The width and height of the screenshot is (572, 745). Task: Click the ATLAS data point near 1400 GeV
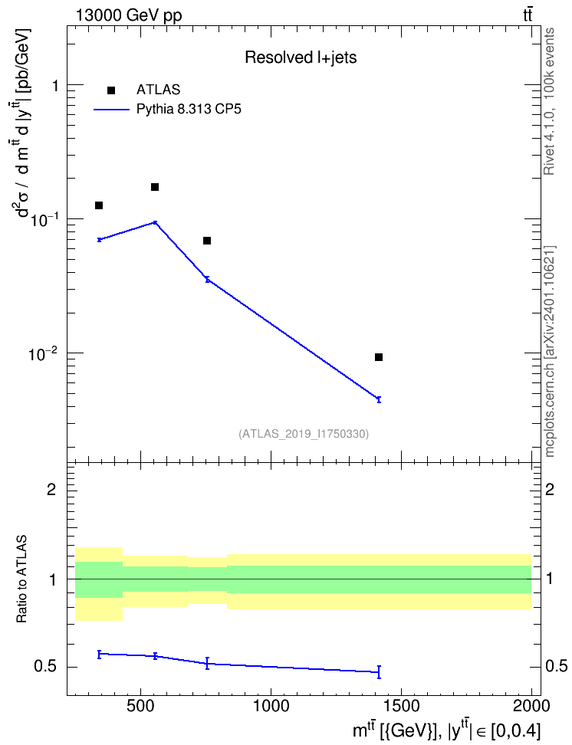(379, 357)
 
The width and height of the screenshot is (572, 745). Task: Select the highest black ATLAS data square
(155, 187)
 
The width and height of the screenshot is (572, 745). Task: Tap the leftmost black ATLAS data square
(99, 205)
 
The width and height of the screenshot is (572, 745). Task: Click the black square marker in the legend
(111, 90)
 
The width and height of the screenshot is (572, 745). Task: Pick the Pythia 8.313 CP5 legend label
(189, 110)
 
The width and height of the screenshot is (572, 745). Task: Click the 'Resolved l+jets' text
(301, 57)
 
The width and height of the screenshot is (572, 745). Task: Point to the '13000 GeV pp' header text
(128, 15)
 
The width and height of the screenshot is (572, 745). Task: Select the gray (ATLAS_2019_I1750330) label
(304, 433)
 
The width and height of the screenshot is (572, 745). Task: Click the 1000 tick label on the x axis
(271, 706)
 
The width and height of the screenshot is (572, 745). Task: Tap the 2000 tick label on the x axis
(531, 706)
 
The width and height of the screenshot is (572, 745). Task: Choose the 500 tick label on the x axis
(141, 706)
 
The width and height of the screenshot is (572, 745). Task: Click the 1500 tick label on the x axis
(401, 706)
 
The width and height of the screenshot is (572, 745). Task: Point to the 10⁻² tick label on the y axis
(44, 353)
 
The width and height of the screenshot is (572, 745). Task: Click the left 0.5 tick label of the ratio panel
(45, 667)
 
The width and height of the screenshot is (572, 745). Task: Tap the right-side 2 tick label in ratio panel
(550, 489)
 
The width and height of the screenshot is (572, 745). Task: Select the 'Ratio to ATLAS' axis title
(21, 579)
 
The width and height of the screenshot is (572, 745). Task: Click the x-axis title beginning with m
(446, 730)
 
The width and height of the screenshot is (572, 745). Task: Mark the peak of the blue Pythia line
(155, 222)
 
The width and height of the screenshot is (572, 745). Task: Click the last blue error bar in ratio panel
(379, 672)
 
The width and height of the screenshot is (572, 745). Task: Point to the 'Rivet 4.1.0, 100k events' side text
(549, 101)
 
